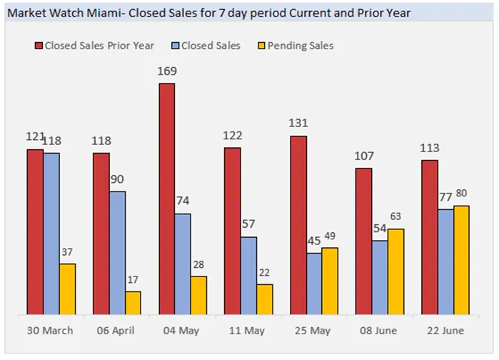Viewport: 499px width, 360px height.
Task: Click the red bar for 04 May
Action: pos(166,199)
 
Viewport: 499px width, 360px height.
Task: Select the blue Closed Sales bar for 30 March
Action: pos(51,233)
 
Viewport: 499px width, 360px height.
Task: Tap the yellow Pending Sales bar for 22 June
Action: pos(461,260)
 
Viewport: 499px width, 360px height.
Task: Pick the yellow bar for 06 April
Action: pos(133,302)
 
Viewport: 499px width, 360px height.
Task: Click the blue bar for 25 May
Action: pos(314,284)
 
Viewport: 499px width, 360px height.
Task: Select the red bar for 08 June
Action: pos(363,241)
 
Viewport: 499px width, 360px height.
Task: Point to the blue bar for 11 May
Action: pos(248,275)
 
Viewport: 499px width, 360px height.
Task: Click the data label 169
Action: pos(166,71)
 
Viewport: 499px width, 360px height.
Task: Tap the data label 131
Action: pos(298,123)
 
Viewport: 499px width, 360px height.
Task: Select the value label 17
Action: pos(133,280)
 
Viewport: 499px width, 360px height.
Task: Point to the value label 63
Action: pos(396,217)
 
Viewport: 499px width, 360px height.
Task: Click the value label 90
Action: pos(117,178)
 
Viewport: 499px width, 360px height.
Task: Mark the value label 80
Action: pos(462,194)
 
